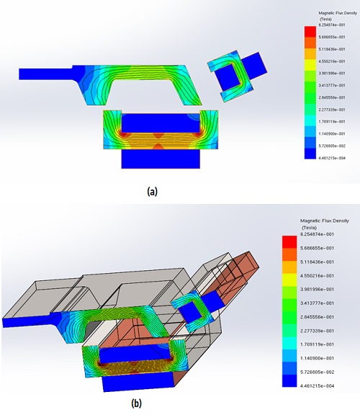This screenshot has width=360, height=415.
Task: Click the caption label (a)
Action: coord(151,192)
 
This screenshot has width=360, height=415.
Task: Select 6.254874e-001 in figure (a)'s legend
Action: coord(329,24)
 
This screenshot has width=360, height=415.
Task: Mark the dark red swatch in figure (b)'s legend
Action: coord(286,249)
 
